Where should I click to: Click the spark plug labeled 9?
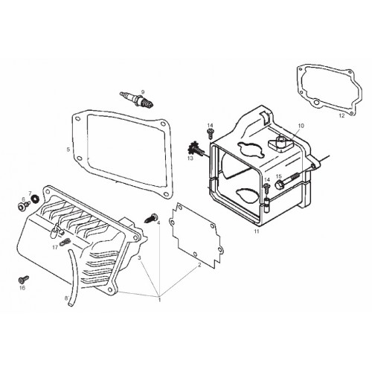coord(137,100)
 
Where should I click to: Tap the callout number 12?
coord(341,115)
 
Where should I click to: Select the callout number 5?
coord(68,150)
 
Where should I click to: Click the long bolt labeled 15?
coord(288,182)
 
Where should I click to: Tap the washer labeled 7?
coord(36,199)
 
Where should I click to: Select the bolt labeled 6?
coord(23,205)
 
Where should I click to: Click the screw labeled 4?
coord(151,217)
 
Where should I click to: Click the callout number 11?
coord(257,231)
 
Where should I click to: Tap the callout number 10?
coord(301,126)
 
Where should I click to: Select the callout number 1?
coord(159,300)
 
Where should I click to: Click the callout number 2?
coord(199,265)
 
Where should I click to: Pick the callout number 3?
coord(139,257)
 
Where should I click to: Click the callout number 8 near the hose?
coord(66,298)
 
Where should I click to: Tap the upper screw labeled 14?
coord(211,133)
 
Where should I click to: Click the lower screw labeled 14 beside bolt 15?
coord(266,188)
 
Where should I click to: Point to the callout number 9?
coord(143,92)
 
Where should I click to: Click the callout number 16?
coord(22,288)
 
